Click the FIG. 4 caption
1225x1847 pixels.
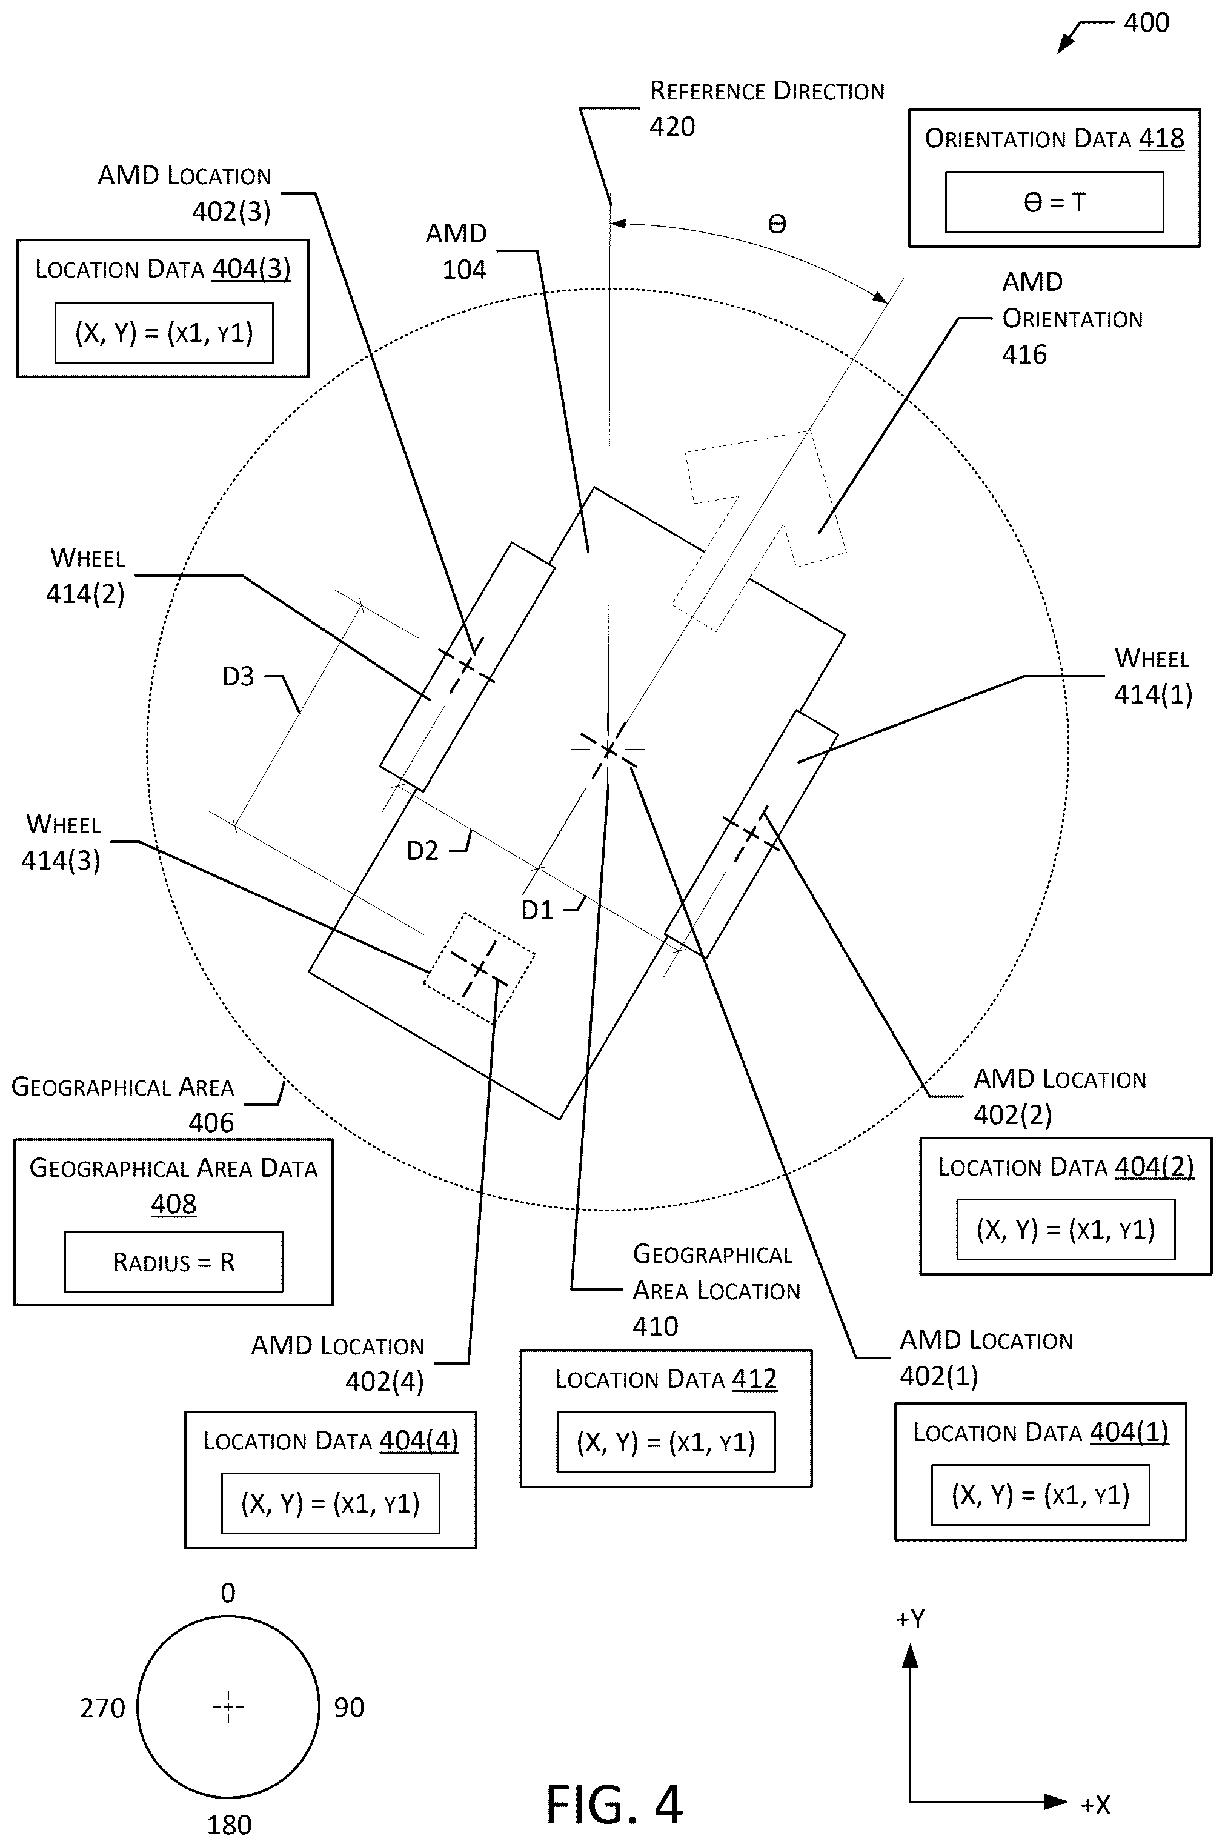pos(614,1804)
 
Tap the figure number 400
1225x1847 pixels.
pos(1146,22)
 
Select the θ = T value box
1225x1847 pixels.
pos(1054,202)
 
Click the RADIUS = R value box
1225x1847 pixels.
pos(173,1262)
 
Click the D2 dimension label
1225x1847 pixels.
pos(423,851)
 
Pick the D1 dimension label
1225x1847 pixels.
pos(537,910)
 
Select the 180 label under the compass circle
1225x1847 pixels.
pos(229,1825)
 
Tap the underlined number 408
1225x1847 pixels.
pos(173,1204)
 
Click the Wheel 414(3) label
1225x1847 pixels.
pos(62,843)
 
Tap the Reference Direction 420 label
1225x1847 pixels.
pos(766,108)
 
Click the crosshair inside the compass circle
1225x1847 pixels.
pos(228,1707)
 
